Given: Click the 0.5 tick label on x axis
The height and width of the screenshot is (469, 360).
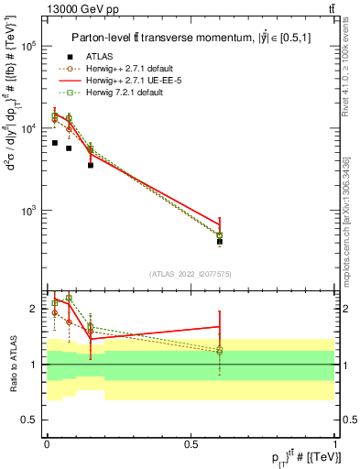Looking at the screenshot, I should coord(191,442).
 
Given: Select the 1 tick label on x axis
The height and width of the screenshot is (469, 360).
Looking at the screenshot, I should coord(334,442).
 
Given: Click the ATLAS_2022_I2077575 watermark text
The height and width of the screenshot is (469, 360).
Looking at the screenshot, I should coord(191,273).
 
